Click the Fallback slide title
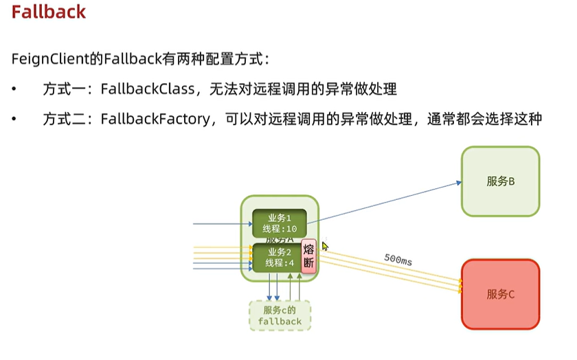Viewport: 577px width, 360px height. point(49,12)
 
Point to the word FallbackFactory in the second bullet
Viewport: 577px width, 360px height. point(155,119)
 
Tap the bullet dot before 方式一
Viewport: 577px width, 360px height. point(15,90)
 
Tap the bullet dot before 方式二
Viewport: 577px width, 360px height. point(15,120)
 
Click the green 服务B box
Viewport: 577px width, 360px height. point(500,181)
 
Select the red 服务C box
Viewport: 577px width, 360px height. point(500,293)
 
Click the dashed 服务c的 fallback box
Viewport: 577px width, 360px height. point(280,315)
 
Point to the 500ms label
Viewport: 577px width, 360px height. point(399,261)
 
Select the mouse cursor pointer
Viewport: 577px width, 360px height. point(325,246)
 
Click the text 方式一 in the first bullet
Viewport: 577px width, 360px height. point(63,89)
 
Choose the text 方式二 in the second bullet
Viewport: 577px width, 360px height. point(63,119)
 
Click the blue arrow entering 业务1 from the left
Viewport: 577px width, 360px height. point(220,224)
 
